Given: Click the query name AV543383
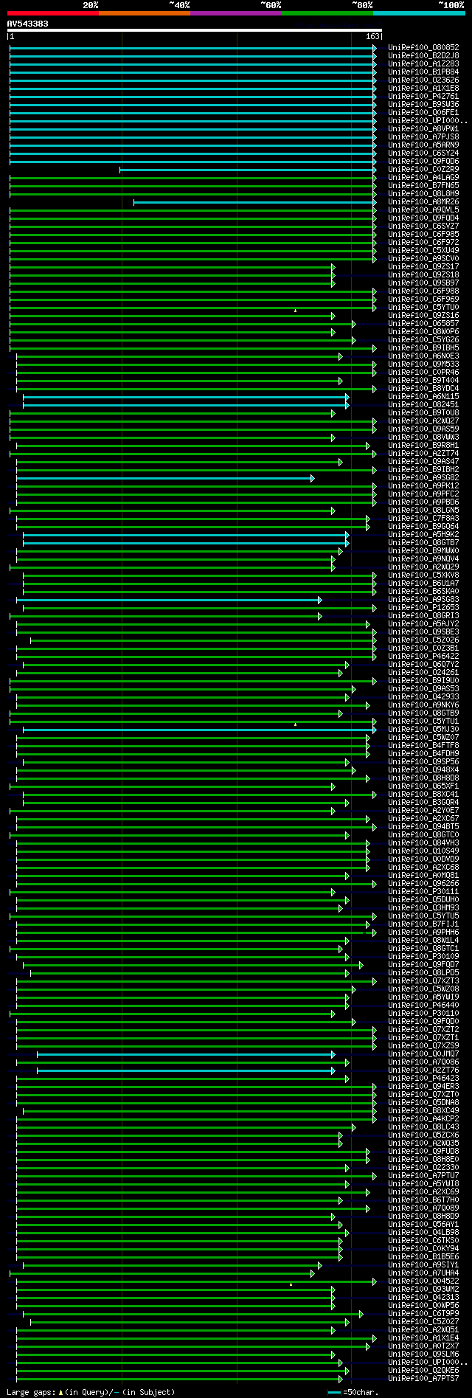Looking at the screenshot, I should point(27,24).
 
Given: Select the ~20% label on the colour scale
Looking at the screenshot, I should point(90,5).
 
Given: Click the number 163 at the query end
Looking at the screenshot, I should point(372,36).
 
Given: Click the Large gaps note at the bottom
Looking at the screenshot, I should point(91,1392).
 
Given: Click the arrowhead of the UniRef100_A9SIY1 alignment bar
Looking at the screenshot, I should point(319,1265).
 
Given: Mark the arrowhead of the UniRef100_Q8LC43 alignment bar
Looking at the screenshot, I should point(353,1127).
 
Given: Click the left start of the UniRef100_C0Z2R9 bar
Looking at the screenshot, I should point(120,170).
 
